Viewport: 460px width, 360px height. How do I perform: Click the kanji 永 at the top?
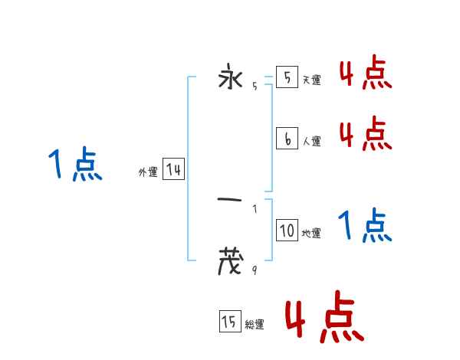[230, 78]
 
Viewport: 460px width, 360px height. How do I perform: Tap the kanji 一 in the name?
[230, 201]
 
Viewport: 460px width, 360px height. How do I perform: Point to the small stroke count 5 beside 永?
[254, 87]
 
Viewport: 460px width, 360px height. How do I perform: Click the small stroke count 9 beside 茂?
[254, 270]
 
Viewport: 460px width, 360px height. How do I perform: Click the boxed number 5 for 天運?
[287, 78]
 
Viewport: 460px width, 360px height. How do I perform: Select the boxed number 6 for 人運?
[287, 139]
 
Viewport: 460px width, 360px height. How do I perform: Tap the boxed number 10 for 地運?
[287, 231]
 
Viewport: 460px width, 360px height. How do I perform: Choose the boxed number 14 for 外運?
[173, 170]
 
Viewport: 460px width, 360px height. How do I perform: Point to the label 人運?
[311, 141]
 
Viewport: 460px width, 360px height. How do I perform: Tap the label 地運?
[311, 233]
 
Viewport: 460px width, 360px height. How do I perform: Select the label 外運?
[148, 173]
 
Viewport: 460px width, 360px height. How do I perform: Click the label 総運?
[255, 325]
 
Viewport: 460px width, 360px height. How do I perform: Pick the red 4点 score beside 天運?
[365, 74]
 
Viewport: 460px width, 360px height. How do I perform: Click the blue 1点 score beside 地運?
[365, 225]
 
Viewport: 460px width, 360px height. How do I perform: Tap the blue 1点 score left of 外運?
[75, 165]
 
